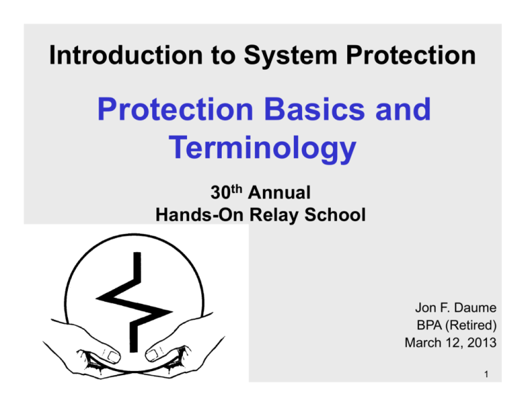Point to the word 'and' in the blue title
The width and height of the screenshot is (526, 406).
coord(401,110)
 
